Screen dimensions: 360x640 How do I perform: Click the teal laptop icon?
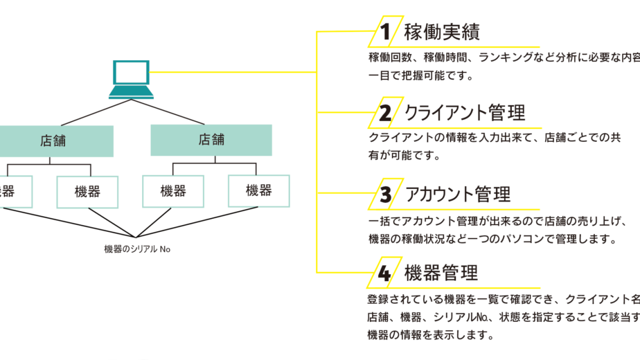click(x=130, y=79)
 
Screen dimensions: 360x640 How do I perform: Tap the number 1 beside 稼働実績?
click(x=385, y=32)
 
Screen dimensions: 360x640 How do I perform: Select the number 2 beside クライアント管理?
click(x=385, y=113)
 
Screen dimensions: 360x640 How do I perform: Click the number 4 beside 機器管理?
click(x=385, y=273)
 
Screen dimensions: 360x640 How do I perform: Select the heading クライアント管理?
click(x=465, y=113)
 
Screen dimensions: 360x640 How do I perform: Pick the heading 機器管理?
click(x=441, y=273)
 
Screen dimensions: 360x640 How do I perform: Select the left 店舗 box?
click(x=53, y=141)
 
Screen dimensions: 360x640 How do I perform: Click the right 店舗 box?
click(x=211, y=140)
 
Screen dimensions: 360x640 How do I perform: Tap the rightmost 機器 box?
click(x=258, y=190)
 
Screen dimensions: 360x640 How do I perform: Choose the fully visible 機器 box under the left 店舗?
click(x=87, y=192)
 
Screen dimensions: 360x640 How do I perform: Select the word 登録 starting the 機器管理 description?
click(x=379, y=300)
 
